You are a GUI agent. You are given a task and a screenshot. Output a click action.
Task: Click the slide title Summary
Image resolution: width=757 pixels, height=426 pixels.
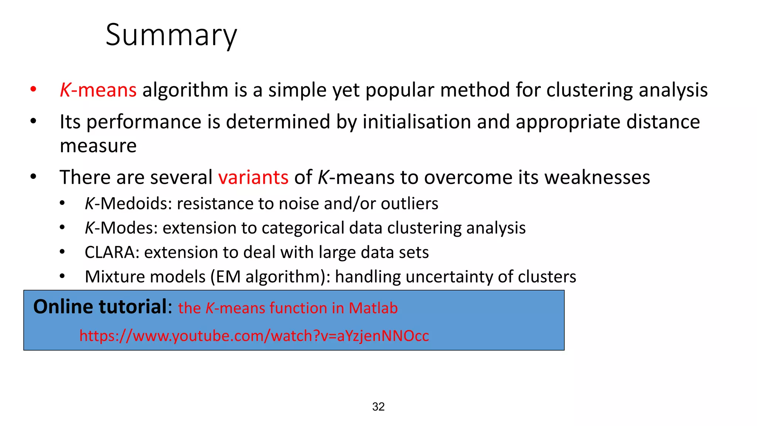pos(171,35)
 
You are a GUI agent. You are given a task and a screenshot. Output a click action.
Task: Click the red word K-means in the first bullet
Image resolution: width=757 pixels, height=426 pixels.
pos(98,90)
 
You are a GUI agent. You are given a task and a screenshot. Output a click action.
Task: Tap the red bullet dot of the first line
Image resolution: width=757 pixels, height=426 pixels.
pos(33,89)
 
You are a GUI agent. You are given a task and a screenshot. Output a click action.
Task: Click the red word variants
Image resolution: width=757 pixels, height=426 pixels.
pos(253,177)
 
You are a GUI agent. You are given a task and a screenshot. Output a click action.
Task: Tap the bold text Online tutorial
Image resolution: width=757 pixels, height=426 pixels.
pos(100,307)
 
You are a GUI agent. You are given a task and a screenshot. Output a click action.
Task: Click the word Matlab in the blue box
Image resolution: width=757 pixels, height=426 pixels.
pos(373,308)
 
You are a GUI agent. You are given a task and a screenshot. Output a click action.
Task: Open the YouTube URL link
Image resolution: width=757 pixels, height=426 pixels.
pos(254,336)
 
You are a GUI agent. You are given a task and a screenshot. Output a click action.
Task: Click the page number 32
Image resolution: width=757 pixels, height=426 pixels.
pos(378,407)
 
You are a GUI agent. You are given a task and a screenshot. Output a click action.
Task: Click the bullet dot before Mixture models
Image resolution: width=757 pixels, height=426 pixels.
pos(62,276)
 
